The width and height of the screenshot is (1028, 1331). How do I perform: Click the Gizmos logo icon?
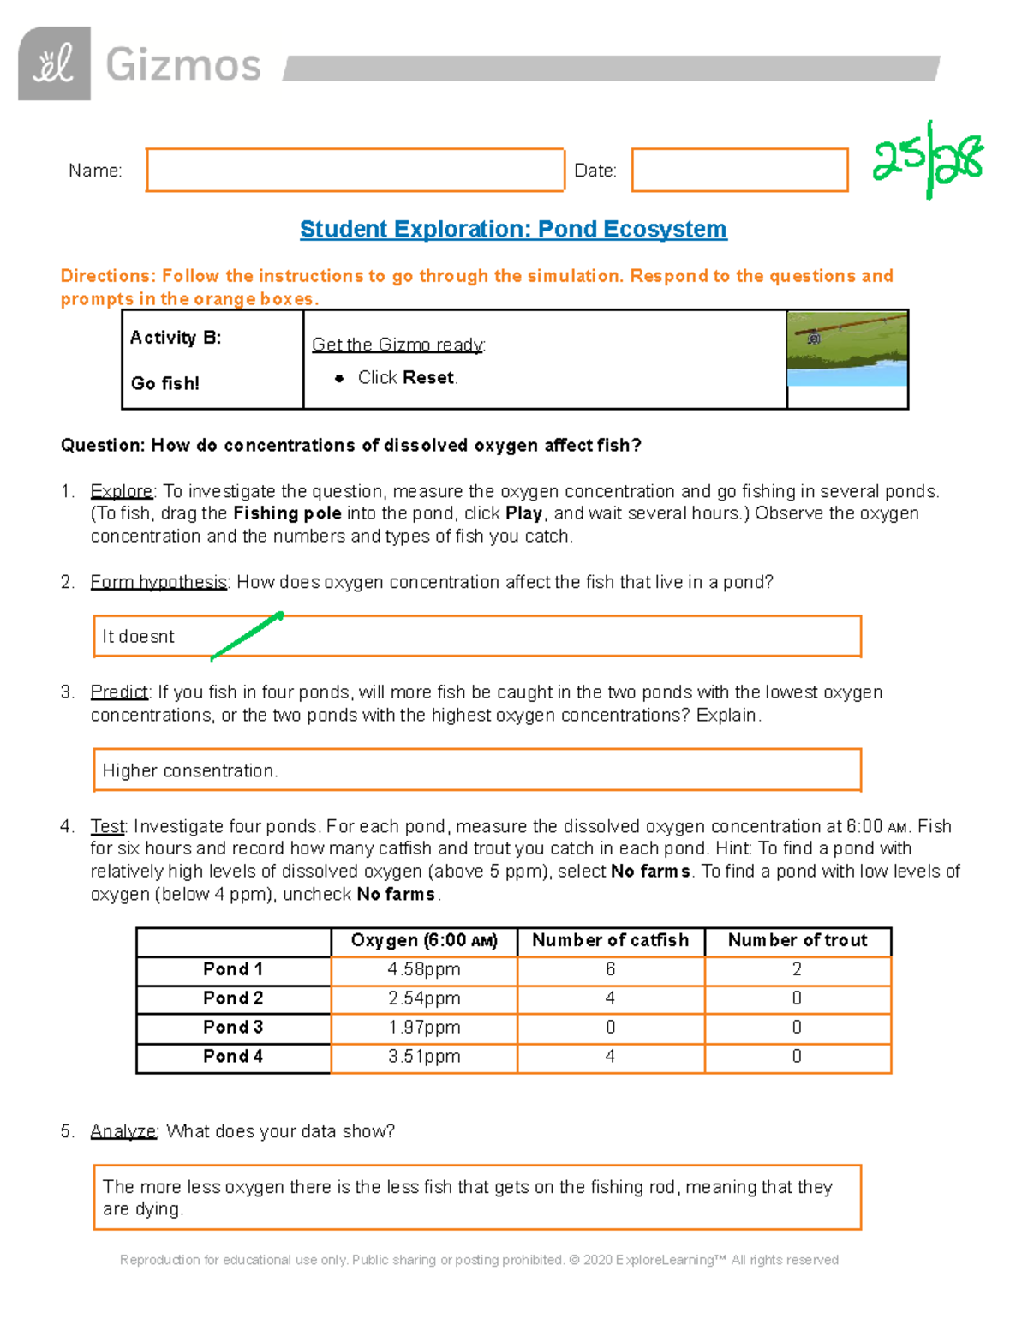[54, 63]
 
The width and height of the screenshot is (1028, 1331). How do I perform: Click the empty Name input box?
[355, 170]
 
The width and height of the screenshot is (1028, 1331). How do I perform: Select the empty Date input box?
[739, 170]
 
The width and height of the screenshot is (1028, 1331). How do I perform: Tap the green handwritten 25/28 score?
[927, 160]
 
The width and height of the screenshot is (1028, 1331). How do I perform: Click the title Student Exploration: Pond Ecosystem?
[513, 230]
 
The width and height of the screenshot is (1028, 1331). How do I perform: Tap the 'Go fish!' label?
[165, 383]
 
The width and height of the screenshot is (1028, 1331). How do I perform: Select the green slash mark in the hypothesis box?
[247, 635]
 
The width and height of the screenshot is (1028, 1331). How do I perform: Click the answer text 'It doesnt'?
[138, 637]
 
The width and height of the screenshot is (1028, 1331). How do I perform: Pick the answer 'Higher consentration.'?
[190, 771]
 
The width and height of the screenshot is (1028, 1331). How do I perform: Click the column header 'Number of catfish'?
[610, 940]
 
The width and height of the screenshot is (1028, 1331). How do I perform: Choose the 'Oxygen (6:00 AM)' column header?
[424, 940]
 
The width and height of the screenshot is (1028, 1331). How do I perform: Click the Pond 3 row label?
[233, 1027]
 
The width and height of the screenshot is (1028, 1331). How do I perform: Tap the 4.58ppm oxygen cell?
[424, 969]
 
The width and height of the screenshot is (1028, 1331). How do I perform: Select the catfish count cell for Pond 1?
[610, 969]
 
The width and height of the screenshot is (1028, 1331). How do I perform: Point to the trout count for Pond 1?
[797, 969]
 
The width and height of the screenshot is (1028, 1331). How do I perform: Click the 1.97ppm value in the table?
[424, 1028]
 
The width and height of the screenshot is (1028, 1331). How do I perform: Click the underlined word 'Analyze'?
[123, 1131]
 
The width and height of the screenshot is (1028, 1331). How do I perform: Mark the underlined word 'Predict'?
[119, 692]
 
